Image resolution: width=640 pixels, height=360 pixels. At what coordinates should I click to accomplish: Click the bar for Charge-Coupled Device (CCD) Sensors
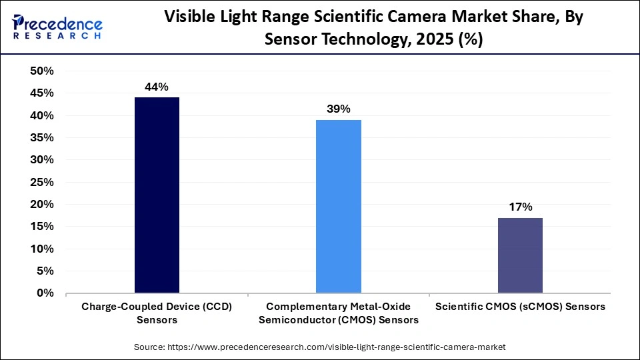[157, 195]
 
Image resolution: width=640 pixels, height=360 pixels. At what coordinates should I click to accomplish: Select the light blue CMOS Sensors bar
[339, 206]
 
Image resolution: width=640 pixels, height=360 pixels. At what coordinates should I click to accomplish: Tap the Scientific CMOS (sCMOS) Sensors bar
[520, 255]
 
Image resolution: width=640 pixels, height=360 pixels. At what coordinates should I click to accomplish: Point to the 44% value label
[157, 87]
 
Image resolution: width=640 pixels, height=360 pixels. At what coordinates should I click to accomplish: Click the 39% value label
[339, 109]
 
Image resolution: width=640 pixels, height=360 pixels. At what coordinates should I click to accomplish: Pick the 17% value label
[520, 207]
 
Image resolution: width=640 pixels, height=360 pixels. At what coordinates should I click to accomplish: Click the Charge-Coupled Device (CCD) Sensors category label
[157, 313]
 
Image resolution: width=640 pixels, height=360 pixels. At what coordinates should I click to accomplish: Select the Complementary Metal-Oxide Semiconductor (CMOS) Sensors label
[339, 313]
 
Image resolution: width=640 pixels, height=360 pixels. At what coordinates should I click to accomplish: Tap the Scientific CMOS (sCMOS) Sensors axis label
[520, 307]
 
